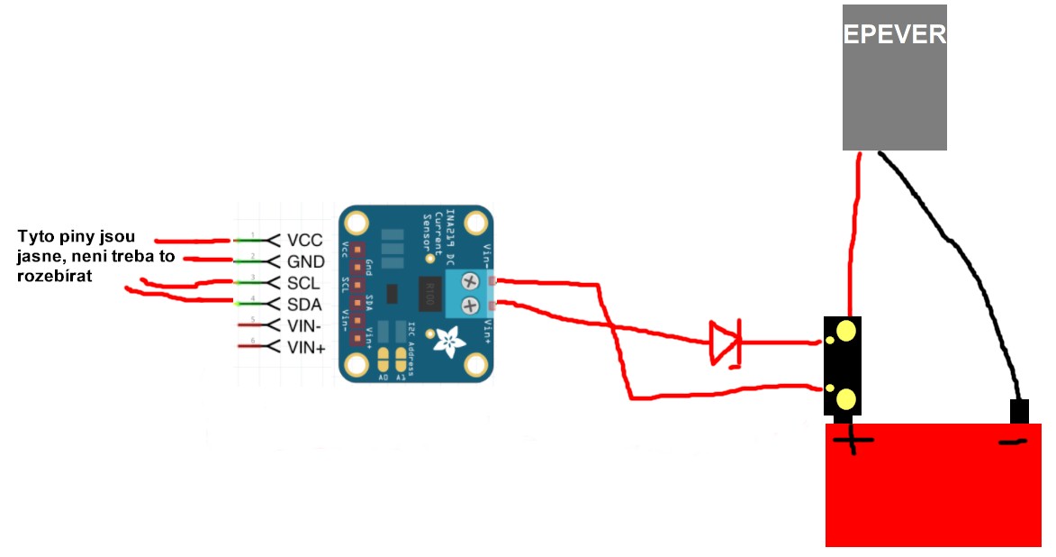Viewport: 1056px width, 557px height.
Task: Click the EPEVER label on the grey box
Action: click(x=894, y=35)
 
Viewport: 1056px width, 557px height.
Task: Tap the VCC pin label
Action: click(x=305, y=241)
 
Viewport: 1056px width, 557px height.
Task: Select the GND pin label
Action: click(x=306, y=261)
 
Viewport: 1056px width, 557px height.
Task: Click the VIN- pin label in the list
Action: click(x=305, y=326)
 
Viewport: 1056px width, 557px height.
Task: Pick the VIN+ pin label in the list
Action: click(x=307, y=347)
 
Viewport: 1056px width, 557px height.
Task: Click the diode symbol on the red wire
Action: click(x=725, y=342)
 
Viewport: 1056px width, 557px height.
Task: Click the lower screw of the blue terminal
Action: click(x=468, y=306)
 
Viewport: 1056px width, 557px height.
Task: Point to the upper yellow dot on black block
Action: click(x=846, y=332)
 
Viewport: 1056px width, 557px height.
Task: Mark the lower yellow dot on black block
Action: click(x=846, y=398)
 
